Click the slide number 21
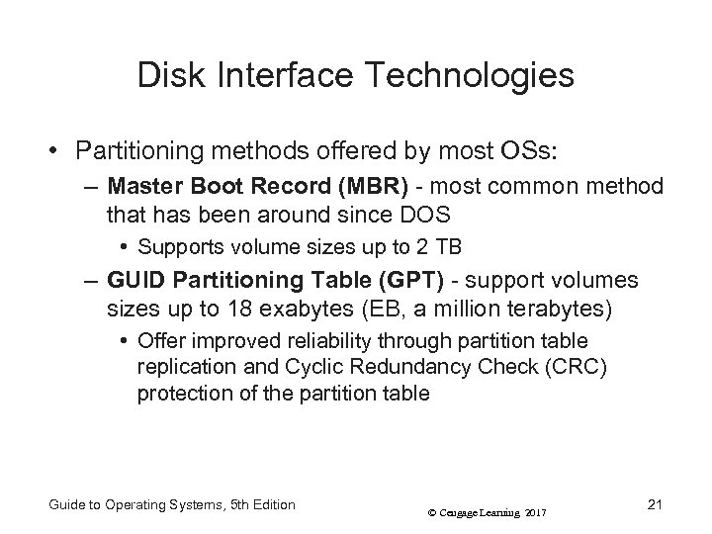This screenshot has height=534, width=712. pyautogui.click(x=652, y=505)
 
